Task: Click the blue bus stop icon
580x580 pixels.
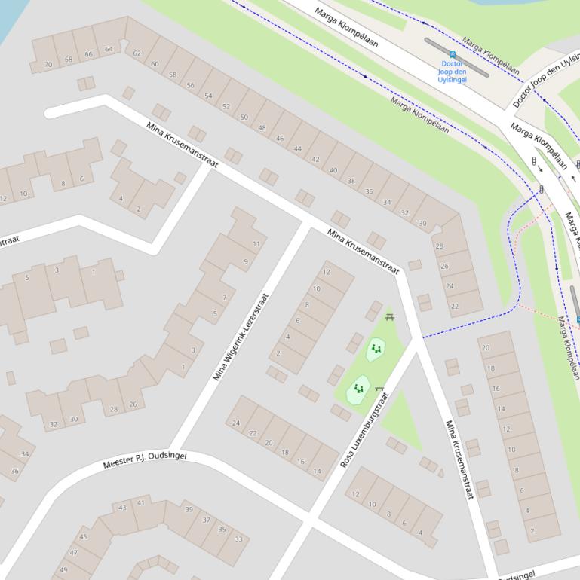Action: [x=452, y=54]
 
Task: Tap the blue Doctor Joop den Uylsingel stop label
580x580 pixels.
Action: [x=452, y=72]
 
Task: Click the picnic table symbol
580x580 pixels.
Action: [x=390, y=317]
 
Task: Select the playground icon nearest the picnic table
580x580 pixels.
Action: [x=376, y=349]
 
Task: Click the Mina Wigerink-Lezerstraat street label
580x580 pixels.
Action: [x=241, y=337]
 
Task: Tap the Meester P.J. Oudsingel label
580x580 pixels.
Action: [x=144, y=459]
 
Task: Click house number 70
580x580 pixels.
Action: [x=48, y=65]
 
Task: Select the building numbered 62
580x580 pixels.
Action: [x=137, y=53]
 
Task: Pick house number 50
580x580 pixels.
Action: [x=244, y=118]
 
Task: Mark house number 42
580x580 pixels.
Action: [x=315, y=160]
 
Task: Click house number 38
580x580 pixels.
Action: [x=351, y=181]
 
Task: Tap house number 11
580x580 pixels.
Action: [x=256, y=243]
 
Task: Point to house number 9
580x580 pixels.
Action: [x=245, y=262]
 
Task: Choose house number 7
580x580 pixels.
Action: [x=224, y=298]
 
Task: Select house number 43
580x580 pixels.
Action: [x=122, y=508]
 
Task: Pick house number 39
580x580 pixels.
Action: [x=189, y=510]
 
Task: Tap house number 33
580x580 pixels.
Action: [x=238, y=539]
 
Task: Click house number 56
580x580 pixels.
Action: [x=190, y=85]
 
